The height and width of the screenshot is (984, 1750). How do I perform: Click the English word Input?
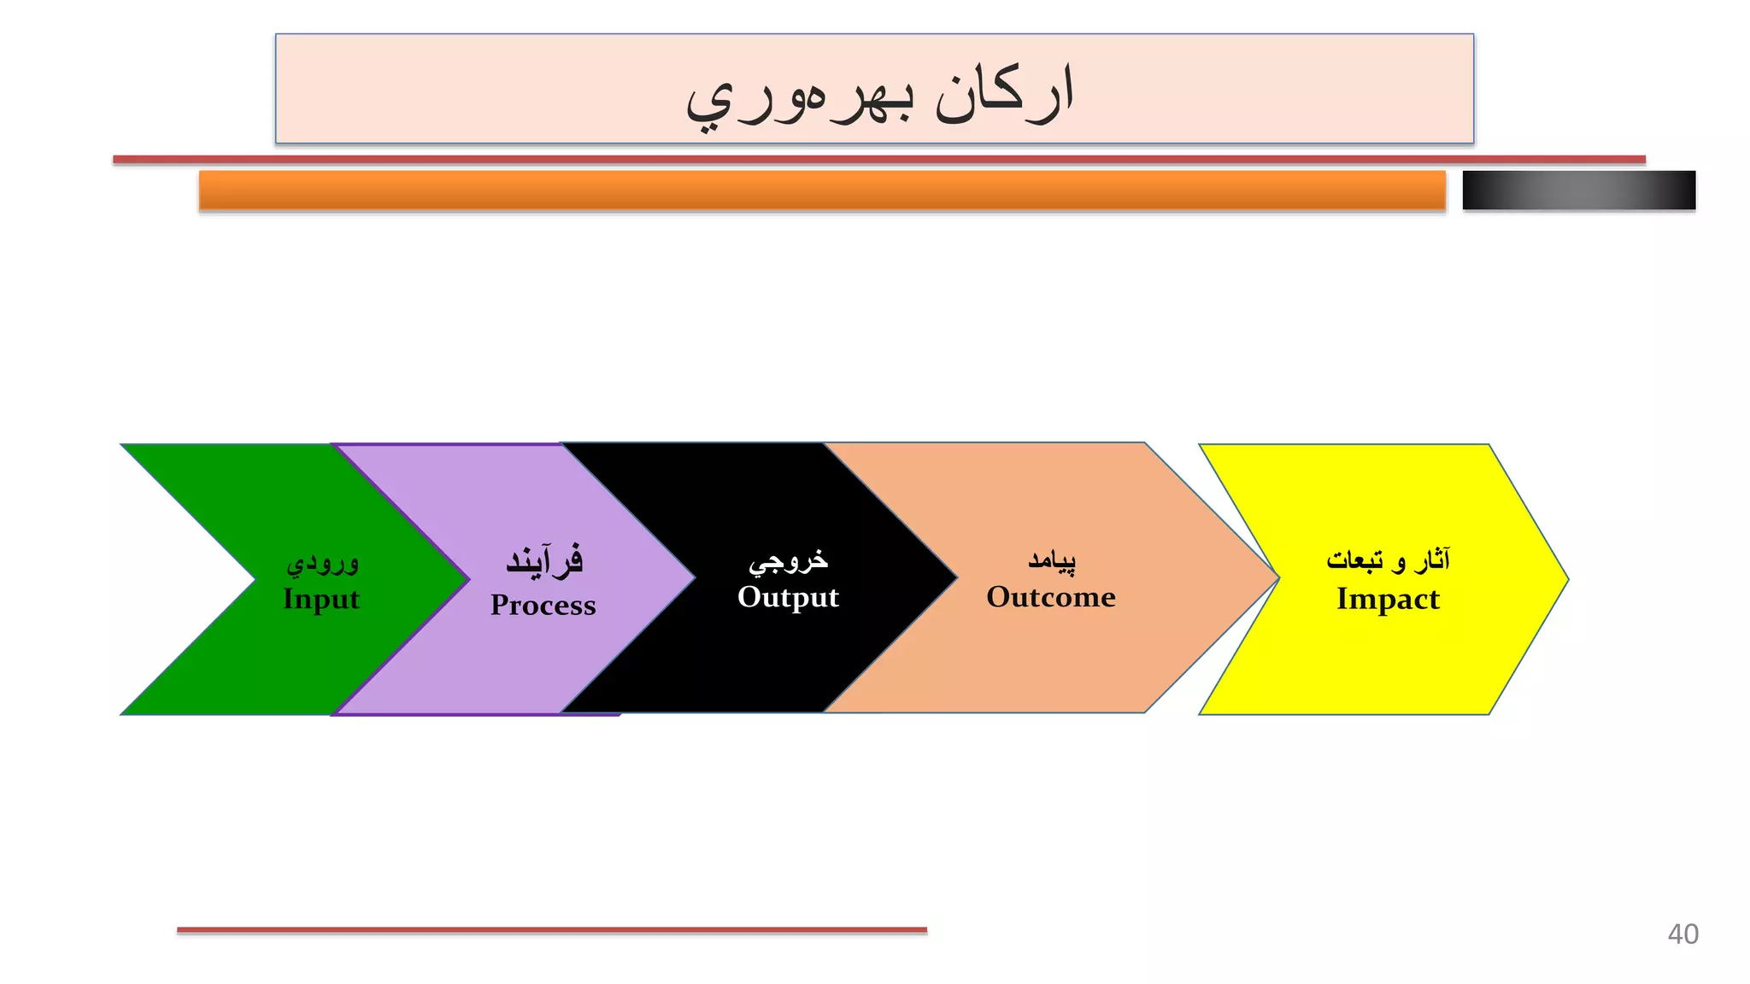point(321,599)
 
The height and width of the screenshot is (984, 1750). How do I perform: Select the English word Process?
point(543,605)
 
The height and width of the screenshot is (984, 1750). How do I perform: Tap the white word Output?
point(788,597)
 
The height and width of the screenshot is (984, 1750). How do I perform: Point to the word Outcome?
point(1050,597)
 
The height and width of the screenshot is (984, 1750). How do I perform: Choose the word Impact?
point(1388,599)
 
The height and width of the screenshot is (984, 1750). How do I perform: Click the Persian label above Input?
point(322,563)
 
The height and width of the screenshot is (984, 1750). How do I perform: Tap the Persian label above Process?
point(544,561)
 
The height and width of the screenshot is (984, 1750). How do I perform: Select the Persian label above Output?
point(788,560)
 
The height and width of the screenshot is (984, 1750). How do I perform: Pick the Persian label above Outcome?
point(1051,560)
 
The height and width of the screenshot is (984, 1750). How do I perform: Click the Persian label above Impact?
point(1388,560)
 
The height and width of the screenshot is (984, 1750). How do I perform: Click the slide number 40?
point(1682,934)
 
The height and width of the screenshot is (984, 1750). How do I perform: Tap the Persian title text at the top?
point(879,94)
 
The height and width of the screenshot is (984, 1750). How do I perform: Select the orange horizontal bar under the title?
point(822,190)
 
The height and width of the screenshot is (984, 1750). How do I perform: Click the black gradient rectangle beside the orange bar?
point(1578,190)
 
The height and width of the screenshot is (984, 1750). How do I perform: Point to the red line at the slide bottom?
point(551,929)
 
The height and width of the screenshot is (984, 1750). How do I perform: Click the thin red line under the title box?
point(878,160)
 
